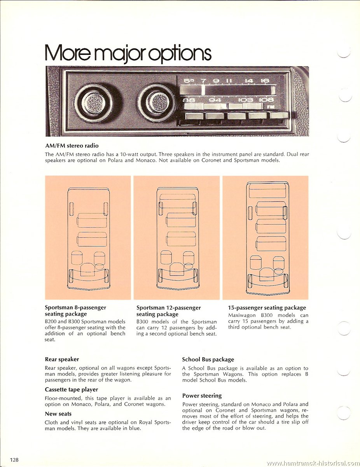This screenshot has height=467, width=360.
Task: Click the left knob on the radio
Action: [x=94, y=103]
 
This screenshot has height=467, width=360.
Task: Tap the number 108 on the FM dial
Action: [x=266, y=100]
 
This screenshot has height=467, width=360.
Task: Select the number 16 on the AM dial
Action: [x=265, y=81]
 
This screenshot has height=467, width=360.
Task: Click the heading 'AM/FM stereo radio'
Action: [x=72, y=146]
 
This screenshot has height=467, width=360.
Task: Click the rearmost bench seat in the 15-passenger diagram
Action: [x=267, y=191]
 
